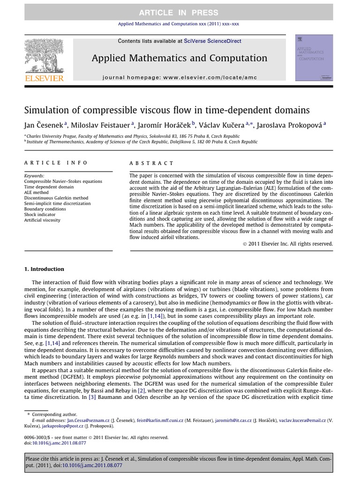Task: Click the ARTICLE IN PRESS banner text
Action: pyautogui.click(x=180, y=13)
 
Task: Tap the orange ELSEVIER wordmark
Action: pyautogui.click(x=44, y=78)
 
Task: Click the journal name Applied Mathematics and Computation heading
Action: pyautogui.click(x=180, y=58)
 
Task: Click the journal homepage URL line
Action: pyautogui.click(x=180, y=77)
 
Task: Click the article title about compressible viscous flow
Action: pyautogui.click(x=167, y=110)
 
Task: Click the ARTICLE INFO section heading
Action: pyautogui.click(x=56, y=163)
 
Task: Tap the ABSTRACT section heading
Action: pyautogui.click(x=151, y=163)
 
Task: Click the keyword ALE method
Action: pyautogui.click(x=37, y=192)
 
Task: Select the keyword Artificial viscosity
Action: pyautogui.click(x=42, y=220)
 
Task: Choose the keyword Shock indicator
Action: pyautogui.click(x=40, y=214)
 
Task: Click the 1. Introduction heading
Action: pyautogui.click(x=44, y=269)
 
